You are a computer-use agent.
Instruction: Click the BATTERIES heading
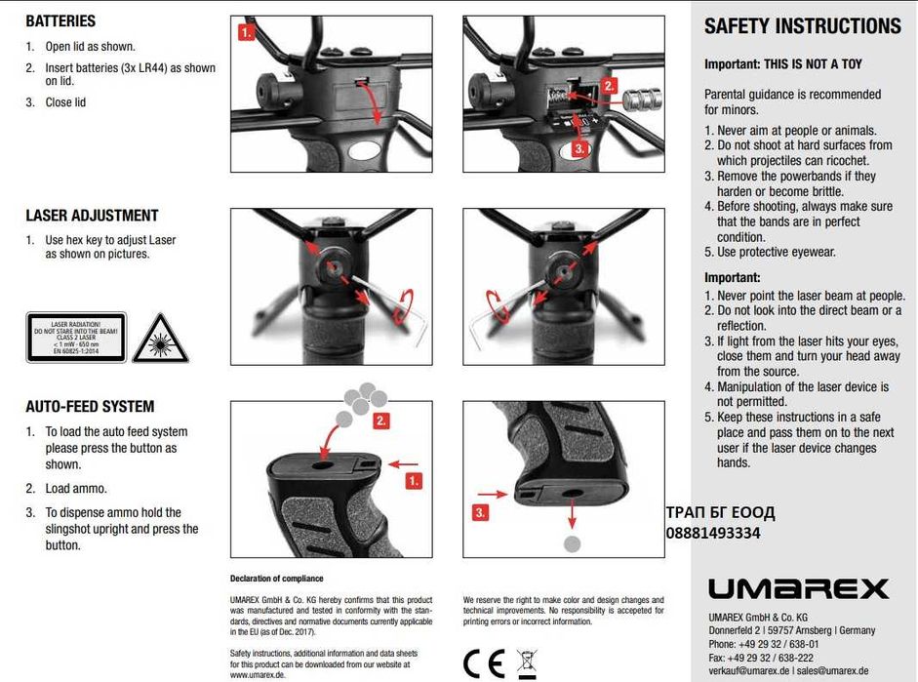60,20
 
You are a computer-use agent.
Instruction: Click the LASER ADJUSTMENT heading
92,216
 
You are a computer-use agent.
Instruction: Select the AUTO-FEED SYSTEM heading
90,407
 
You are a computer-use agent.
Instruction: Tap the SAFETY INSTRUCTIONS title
802,27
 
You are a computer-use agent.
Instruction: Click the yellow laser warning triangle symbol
160,338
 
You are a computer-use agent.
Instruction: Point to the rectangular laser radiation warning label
76,338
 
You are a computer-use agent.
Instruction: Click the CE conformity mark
484,662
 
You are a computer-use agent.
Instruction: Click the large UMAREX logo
797,588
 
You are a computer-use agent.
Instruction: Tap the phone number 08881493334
712,533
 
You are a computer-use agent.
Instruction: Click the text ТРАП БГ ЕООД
720,513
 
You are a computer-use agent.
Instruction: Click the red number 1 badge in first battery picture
247,31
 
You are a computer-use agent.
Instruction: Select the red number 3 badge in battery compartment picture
579,148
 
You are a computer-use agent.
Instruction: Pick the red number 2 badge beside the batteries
609,85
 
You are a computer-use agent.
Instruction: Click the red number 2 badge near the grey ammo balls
381,421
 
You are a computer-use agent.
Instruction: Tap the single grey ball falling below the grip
573,543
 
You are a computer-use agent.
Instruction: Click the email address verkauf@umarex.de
749,671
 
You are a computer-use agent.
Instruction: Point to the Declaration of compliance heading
276,579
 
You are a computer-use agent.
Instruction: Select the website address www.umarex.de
257,673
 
